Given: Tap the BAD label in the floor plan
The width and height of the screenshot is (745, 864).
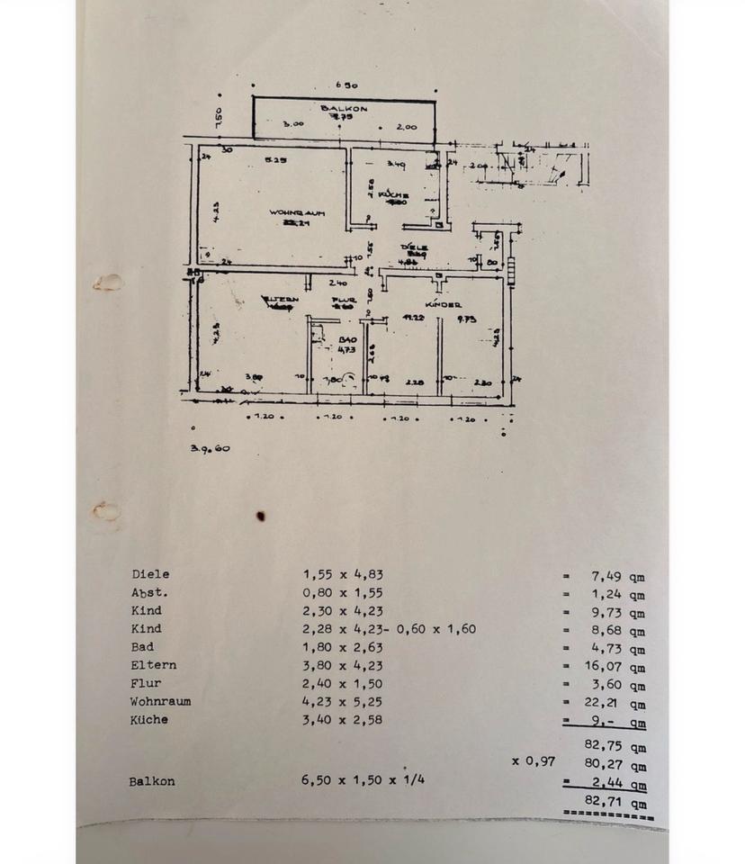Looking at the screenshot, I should [346, 340].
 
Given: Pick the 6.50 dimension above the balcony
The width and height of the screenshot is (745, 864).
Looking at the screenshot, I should [347, 85].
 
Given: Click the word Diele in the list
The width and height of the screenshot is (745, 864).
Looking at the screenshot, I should [150, 574].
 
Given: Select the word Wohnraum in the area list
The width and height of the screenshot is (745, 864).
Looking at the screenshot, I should [160, 701].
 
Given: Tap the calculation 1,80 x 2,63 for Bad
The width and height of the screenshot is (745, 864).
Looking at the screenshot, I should [349, 647].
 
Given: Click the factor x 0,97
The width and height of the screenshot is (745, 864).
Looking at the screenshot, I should [534, 761].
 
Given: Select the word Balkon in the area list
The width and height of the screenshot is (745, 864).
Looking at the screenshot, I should [151, 781].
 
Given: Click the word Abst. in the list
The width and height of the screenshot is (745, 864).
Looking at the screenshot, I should [149, 592].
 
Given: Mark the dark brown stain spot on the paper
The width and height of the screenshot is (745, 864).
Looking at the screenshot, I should [261, 517].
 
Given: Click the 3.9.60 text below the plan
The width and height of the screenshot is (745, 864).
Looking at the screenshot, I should [210, 447].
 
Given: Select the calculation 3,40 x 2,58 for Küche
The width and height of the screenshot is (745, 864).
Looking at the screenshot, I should [349, 720].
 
